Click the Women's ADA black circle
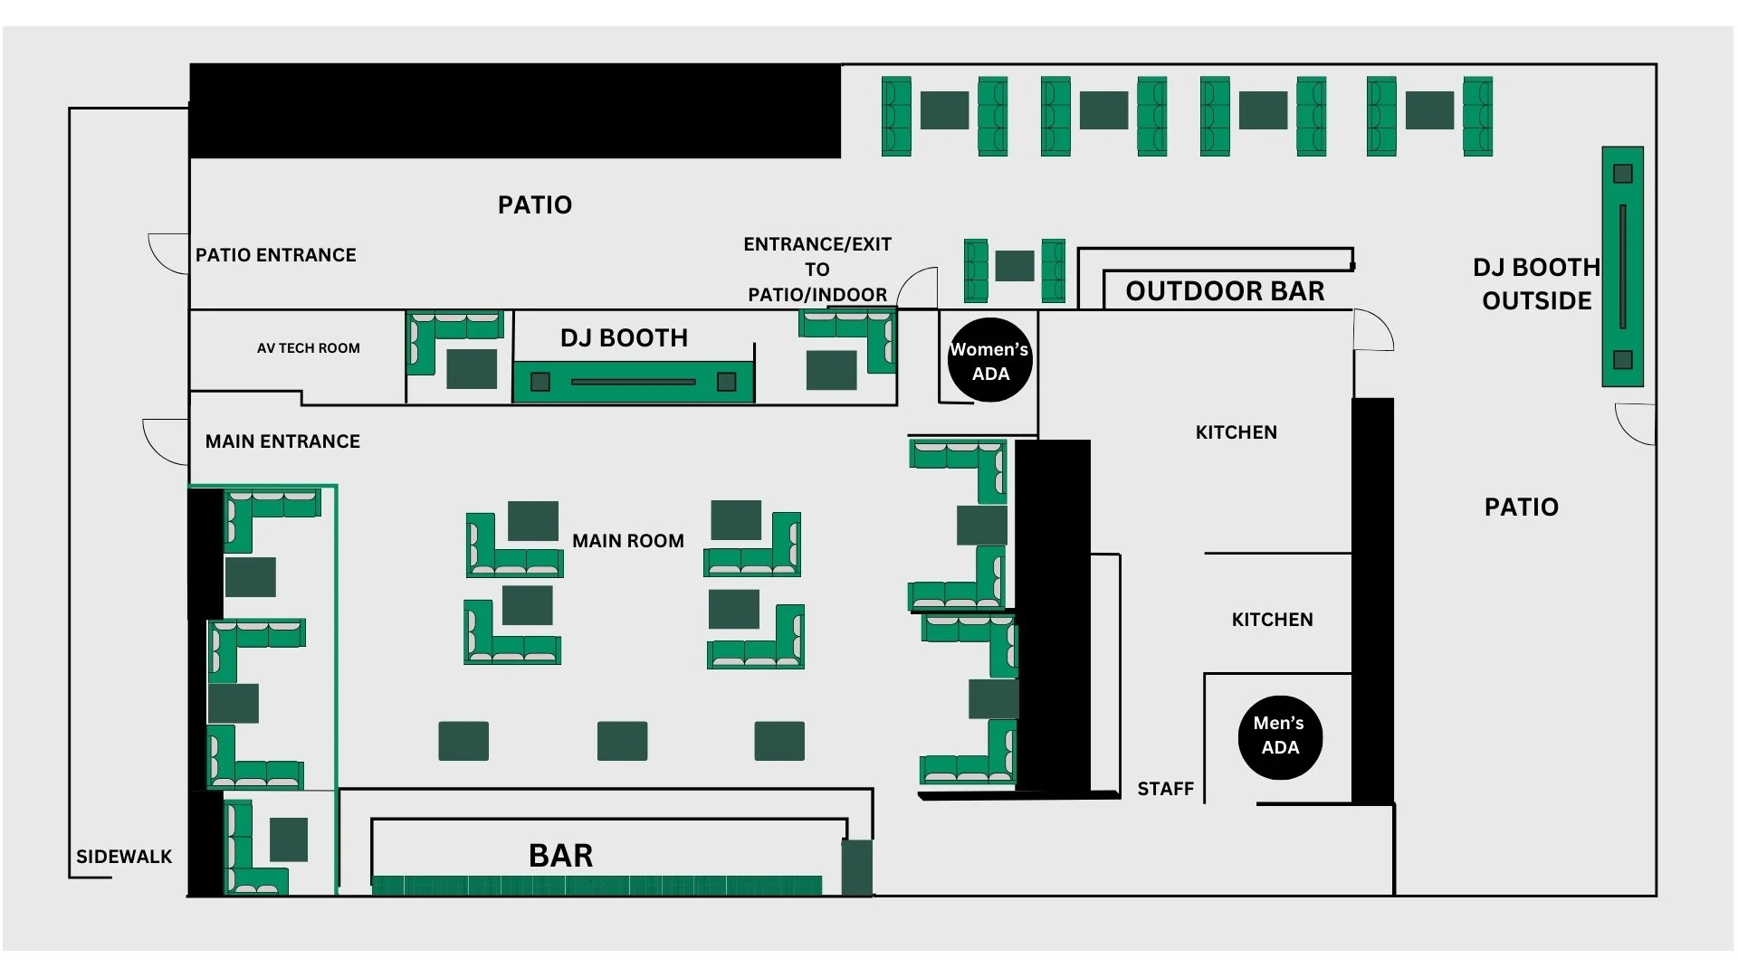(x=989, y=360)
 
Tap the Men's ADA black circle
(x=1280, y=736)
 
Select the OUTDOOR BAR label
(x=1225, y=291)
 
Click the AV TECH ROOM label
(x=308, y=348)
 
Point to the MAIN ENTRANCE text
(x=282, y=441)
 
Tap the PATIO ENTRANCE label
(x=276, y=255)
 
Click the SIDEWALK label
(x=124, y=857)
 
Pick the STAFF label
(x=1165, y=789)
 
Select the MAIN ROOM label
(x=628, y=541)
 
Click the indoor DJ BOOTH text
(x=624, y=338)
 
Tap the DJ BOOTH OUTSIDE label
(x=1536, y=284)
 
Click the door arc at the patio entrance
(x=168, y=253)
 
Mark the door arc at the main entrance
(x=164, y=441)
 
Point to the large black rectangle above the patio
(x=514, y=110)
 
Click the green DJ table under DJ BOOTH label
(x=633, y=382)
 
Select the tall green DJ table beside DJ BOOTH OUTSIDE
(x=1622, y=266)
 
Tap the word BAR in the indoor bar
(x=561, y=856)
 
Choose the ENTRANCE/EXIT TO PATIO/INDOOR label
(x=817, y=270)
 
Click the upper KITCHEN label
(x=1236, y=432)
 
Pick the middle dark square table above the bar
(x=622, y=741)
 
